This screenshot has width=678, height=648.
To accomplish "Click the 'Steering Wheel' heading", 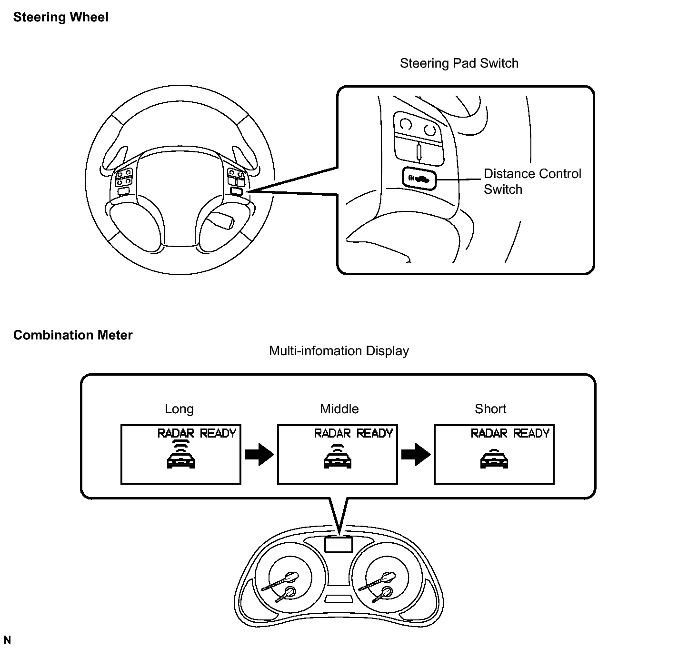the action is [x=60, y=18].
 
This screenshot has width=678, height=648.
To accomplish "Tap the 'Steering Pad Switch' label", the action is [x=459, y=63].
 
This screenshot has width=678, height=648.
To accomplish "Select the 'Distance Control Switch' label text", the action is [x=532, y=181].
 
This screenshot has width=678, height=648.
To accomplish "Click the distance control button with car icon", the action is [x=419, y=179].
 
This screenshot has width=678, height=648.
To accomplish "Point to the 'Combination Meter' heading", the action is [x=73, y=335].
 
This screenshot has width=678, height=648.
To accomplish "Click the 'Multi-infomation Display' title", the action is [x=339, y=351].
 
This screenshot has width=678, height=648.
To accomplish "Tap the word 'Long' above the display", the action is [x=179, y=409].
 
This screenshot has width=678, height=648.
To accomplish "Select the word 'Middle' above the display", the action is [x=339, y=409].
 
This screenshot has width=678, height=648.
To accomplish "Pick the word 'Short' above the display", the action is [x=490, y=409].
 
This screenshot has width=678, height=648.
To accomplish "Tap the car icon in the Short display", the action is [x=494, y=459].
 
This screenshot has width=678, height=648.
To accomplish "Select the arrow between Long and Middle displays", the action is [x=259, y=454].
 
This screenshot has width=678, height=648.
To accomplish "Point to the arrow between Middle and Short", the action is [x=416, y=454].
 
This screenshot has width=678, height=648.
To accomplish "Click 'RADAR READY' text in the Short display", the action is [x=510, y=433].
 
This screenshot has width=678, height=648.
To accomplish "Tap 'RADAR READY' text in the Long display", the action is [x=197, y=433].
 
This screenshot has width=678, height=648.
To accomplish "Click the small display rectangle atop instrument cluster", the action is [x=339, y=544].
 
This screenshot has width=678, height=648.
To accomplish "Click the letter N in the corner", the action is [x=7, y=640].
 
